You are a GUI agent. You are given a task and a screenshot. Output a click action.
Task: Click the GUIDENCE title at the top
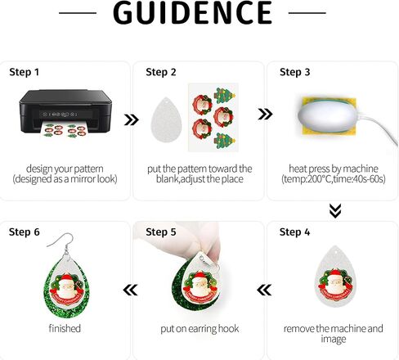(x=192, y=13)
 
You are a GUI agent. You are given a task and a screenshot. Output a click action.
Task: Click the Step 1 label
(x=25, y=72)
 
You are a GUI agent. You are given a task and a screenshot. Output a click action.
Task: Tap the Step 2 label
(x=161, y=72)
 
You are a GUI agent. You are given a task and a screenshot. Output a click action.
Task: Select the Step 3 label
(x=294, y=72)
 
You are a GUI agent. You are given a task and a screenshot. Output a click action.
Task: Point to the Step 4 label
(x=294, y=232)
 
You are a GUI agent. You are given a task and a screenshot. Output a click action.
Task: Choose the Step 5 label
(x=161, y=232)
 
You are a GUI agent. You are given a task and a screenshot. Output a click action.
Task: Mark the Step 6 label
(x=25, y=232)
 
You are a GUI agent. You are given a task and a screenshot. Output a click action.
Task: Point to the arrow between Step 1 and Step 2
(x=131, y=120)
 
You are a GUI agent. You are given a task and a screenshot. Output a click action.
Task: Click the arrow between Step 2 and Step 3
(x=264, y=114)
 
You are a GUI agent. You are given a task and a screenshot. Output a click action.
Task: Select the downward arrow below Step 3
(x=334, y=211)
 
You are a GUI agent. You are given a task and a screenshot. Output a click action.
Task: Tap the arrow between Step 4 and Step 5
(x=263, y=289)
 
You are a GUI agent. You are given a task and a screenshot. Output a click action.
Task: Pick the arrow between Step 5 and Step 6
(x=130, y=289)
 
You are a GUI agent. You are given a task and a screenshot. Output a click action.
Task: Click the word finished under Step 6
(x=64, y=329)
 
